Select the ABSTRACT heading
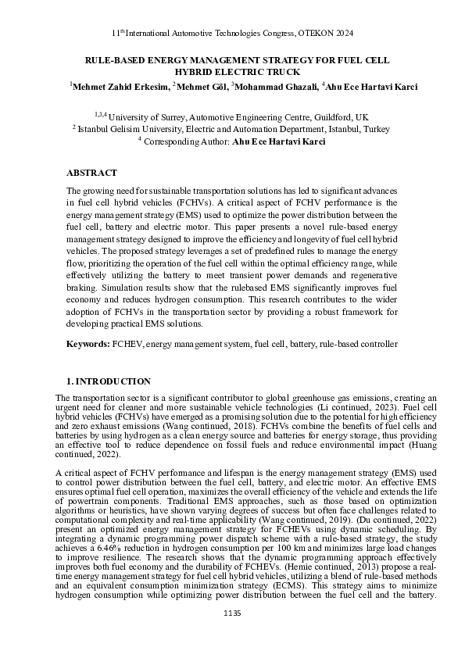click(91, 173)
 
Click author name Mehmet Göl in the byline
click(200, 85)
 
